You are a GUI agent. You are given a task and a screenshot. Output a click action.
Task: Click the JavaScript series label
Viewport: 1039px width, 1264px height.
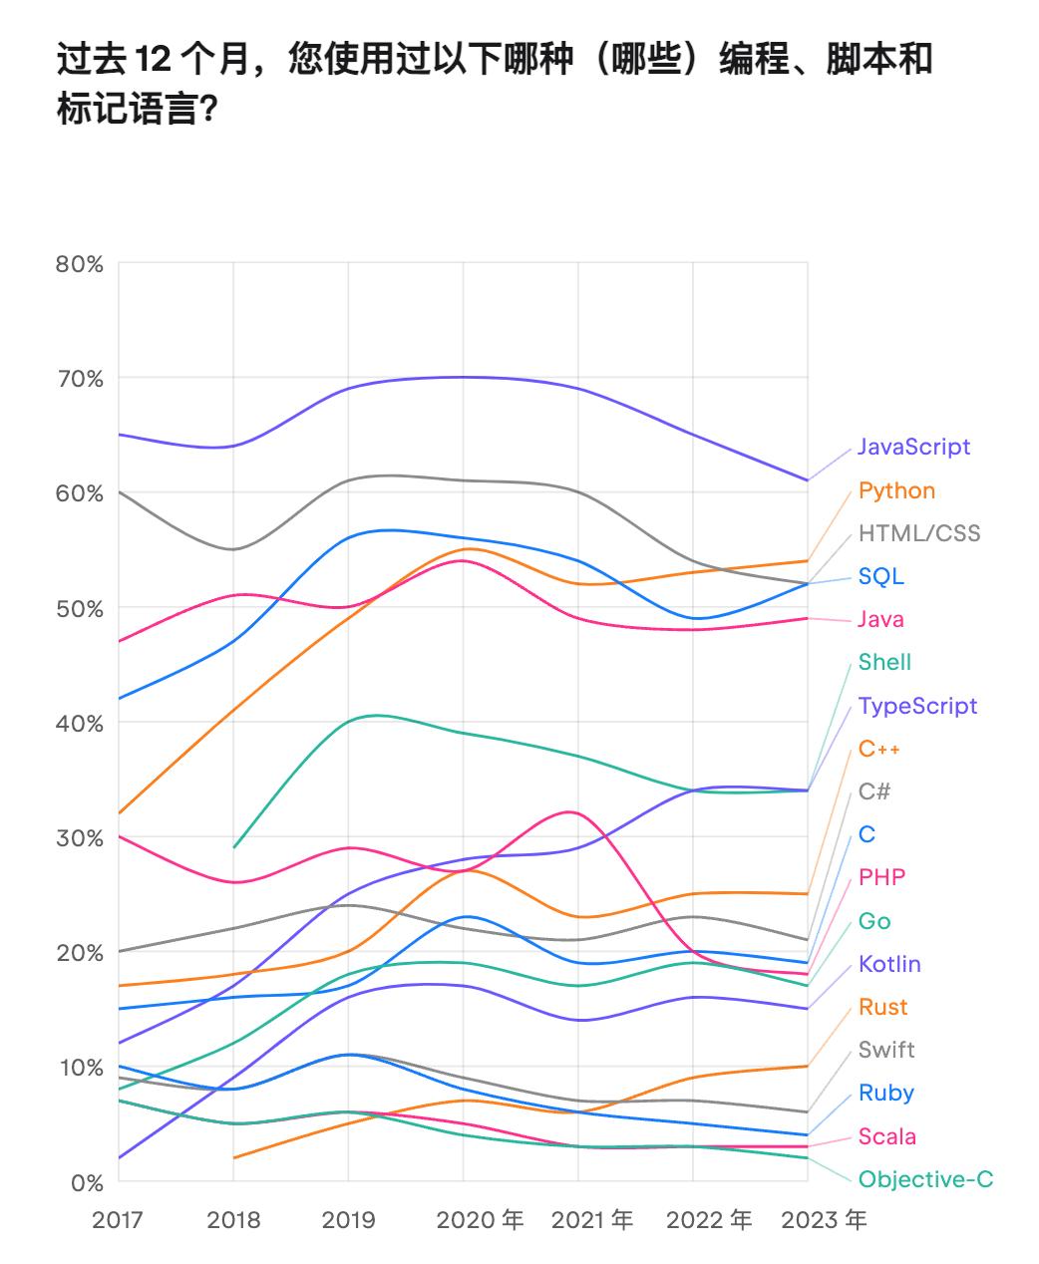pos(913,447)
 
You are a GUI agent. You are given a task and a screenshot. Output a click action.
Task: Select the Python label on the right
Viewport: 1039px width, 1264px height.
pos(896,490)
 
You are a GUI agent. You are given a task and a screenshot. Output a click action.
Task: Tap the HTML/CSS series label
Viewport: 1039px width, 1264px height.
pos(918,533)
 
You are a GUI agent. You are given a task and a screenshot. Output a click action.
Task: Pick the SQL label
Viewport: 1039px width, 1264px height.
pos(880,576)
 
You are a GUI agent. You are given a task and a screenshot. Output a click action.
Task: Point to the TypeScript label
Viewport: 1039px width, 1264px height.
pos(917,706)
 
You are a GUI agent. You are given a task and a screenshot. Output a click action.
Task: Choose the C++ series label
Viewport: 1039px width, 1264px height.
pos(879,749)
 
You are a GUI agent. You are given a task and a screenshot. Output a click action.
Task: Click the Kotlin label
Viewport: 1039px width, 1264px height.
pos(889,964)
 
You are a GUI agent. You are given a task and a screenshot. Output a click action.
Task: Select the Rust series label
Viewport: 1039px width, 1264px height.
pos(882,1007)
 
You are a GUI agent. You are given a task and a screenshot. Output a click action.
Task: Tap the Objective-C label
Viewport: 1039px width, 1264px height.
pos(925,1179)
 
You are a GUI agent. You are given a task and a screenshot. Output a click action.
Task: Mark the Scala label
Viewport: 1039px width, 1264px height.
pos(886,1136)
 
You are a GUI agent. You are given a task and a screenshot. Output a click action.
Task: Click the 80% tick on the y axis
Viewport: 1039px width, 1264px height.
pos(80,264)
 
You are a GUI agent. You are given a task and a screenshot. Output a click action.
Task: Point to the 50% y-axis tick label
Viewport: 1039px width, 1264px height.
pos(80,608)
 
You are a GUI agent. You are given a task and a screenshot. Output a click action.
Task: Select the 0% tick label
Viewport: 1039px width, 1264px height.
pos(86,1182)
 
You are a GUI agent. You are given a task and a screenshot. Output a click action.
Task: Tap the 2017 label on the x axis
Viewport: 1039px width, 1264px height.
pos(118,1220)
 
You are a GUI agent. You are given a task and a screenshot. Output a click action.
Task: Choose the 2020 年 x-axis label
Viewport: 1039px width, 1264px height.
pos(480,1220)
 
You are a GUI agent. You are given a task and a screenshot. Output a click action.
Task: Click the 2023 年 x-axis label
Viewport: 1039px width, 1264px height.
pos(824,1220)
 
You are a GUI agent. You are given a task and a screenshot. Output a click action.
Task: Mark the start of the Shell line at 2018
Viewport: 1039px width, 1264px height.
pos(233,847)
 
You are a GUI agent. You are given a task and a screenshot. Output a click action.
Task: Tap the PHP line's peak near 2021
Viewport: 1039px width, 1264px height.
pos(570,811)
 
